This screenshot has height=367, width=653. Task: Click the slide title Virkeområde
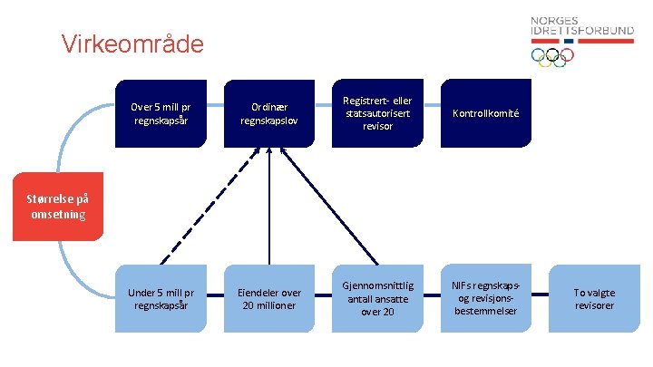point(132,43)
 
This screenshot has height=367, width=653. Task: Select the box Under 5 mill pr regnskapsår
point(167,298)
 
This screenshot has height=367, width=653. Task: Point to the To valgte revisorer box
point(594,298)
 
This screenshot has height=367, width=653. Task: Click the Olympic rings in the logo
point(552,57)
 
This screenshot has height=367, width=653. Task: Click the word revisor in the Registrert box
point(377,126)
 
